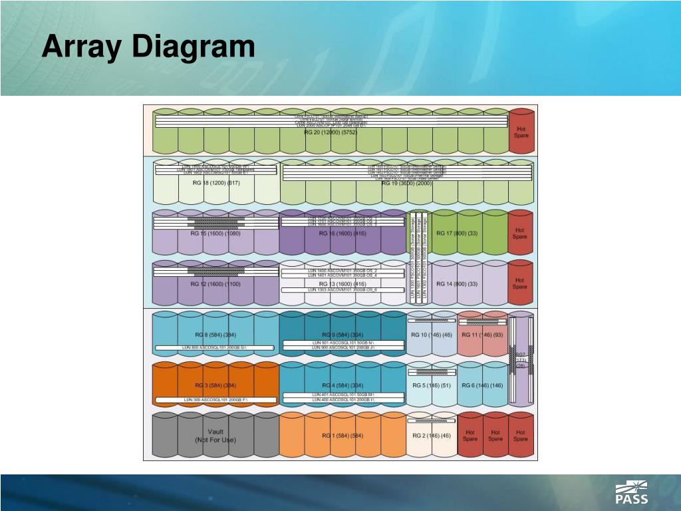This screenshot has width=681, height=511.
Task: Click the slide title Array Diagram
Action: click(x=148, y=47)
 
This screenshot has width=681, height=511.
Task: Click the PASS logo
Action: click(x=632, y=492)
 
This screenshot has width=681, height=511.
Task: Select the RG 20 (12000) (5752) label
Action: click(x=331, y=132)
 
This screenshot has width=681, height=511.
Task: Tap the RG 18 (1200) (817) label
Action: click(x=215, y=183)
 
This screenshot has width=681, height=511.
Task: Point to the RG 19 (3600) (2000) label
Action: click(x=407, y=183)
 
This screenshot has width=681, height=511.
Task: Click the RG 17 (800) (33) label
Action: click(x=457, y=234)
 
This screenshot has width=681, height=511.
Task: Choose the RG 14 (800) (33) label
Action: click(x=457, y=284)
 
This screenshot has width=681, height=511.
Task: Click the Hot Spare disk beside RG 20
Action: click(x=521, y=132)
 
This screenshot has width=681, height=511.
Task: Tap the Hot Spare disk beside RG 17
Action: click(x=520, y=234)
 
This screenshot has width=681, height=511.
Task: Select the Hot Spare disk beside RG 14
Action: click(x=520, y=284)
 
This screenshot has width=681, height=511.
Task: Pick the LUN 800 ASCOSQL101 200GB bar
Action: click(x=215, y=348)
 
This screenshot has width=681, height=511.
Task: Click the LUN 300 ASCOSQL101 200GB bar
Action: click(x=215, y=399)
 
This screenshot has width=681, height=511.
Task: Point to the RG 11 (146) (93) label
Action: click(x=482, y=335)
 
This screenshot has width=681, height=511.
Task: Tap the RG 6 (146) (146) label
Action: click(x=482, y=385)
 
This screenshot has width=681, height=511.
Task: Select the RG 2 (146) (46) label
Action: click(x=432, y=436)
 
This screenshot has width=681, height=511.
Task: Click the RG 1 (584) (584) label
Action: click(x=343, y=436)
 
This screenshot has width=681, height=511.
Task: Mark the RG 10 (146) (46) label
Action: click(x=432, y=335)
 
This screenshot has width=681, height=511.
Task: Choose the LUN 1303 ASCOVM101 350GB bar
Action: click(x=342, y=290)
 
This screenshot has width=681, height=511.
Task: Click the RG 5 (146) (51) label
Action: click(x=432, y=385)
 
